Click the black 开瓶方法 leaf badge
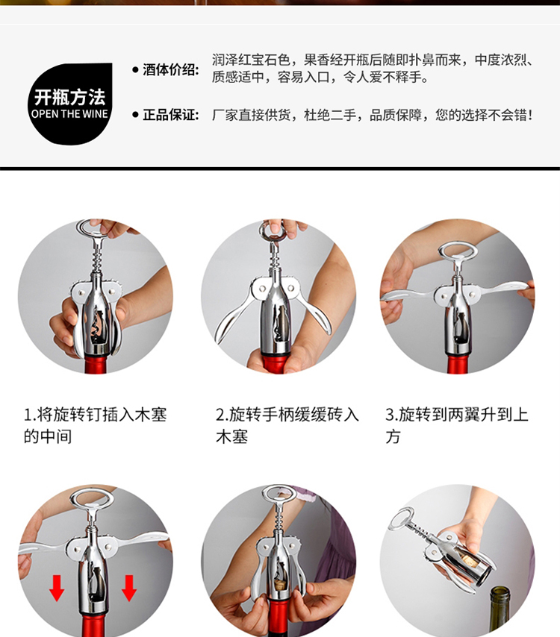[x=70, y=104]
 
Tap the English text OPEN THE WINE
[x=69, y=114]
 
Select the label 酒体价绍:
[x=171, y=69]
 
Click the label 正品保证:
[x=171, y=115]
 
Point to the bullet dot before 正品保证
[x=135, y=115]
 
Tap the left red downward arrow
[x=57, y=588]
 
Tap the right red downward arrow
[x=129, y=588]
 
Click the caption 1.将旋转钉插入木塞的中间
[x=95, y=425]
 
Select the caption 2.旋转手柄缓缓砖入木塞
[x=287, y=425]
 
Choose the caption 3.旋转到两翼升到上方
[x=457, y=425]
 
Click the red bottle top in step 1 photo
[x=96, y=363]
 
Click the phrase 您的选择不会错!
[x=484, y=115]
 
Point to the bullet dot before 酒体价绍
[x=135, y=69]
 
